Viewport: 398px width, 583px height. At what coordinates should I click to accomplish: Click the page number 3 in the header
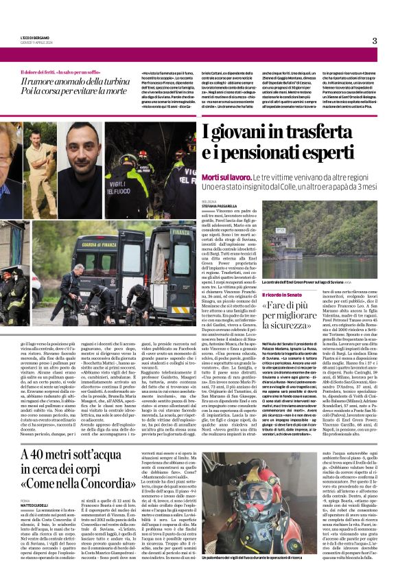(375, 41)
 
